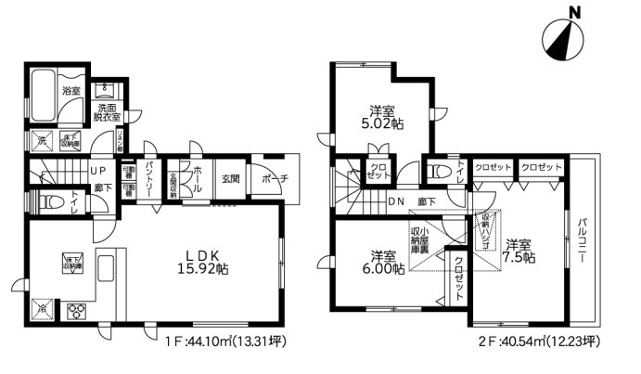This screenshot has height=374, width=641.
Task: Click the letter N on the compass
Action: (575, 12)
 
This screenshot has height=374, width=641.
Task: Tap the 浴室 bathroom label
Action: (71, 91)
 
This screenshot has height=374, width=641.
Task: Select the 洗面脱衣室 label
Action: (109, 114)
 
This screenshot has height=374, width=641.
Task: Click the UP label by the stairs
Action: (97, 171)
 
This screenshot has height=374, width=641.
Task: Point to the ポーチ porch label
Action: (276, 178)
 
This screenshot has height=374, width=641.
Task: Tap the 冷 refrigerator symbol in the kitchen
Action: (41, 307)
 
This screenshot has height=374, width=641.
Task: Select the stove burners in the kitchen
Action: (74, 311)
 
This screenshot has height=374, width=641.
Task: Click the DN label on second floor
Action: (395, 200)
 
